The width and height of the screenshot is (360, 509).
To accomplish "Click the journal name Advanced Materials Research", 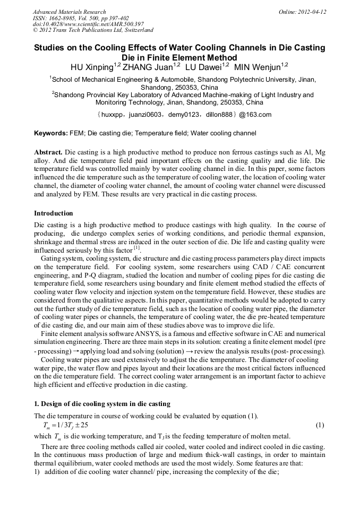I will click(x=69, y=12).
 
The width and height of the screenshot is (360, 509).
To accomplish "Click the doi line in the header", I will click(x=88, y=24).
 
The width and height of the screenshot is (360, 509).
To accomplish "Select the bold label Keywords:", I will click(x=51, y=133).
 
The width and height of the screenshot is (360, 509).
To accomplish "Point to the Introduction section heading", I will click(x=53, y=213).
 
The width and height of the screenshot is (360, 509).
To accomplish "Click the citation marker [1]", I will click(x=136, y=247).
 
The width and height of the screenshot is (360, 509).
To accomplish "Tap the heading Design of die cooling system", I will click(x=102, y=404).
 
